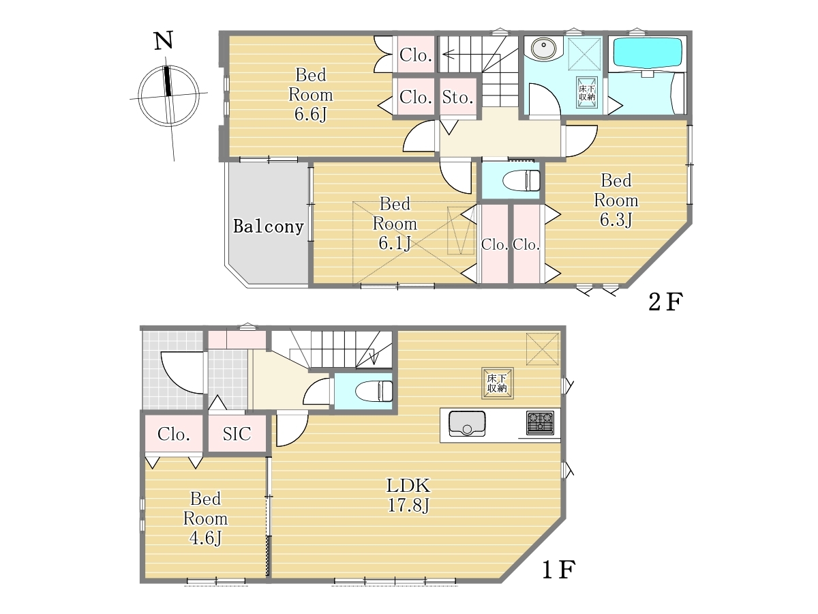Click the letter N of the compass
pyautogui.click(x=163, y=40)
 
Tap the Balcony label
pyautogui.click(x=269, y=226)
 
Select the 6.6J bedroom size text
pyautogui.click(x=310, y=114)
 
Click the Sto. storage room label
pyautogui.click(x=458, y=98)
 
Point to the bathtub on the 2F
pyautogui.click(x=648, y=55)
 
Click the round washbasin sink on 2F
pyautogui.click(x=543, y=48)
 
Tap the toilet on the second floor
pyautogui.click(x=521, y=181)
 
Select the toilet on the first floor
pyautogui.click(x=374, y=391)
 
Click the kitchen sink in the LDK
pyautogui.click(x=467, y=423)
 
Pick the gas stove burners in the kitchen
pyautogui.click(x=540, y=423)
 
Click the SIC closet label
pyautogui.click(x=237, y=434)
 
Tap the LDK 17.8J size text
pyautogui.click(x=408, y=506)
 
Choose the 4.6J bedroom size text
pyautogui.click(x=205, y=538)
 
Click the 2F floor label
pyautogui.click(x=665, y=302)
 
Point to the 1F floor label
pyautogui.click(x=558, y=570)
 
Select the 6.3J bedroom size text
pyautogui.click(x=616, y=220)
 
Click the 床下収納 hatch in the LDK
pyautogui.click(x=497, y=383)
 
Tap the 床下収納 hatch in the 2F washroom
pyautogui.click(x=587, y=93)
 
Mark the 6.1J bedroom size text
pyautogui.click(x=395, y=244)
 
